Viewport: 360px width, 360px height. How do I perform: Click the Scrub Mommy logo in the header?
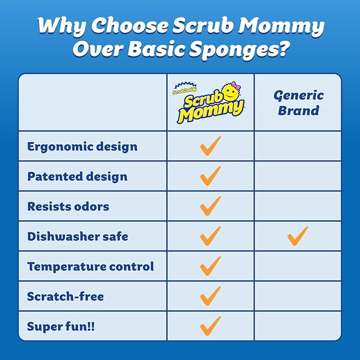click(210, 103)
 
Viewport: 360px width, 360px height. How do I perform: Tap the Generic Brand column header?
click(298, 103)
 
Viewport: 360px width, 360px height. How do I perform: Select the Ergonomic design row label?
click(82, 146)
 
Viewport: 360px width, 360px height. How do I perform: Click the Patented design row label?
click(77, 176)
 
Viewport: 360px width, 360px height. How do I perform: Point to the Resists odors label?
click(68, 206)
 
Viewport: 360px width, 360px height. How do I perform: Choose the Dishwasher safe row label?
click(77, 236)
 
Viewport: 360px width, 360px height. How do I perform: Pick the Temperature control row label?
click(91, 266)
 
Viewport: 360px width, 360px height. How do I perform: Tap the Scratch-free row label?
click(66, 296)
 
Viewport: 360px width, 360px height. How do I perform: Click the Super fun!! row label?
click(61, 326)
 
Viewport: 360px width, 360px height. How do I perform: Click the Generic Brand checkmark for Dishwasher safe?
click(297, 235)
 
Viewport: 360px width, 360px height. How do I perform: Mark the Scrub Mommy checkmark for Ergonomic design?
click(210, 146)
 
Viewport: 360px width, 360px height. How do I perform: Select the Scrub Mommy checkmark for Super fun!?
click(210, 326)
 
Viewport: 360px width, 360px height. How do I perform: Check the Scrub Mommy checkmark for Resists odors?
click(210, 206)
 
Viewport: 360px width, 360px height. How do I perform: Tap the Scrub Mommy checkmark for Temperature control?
click(210, 266)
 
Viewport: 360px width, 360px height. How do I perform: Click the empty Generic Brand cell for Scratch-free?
click(297, 296)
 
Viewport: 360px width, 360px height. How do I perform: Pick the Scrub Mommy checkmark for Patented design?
click(210, 175)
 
